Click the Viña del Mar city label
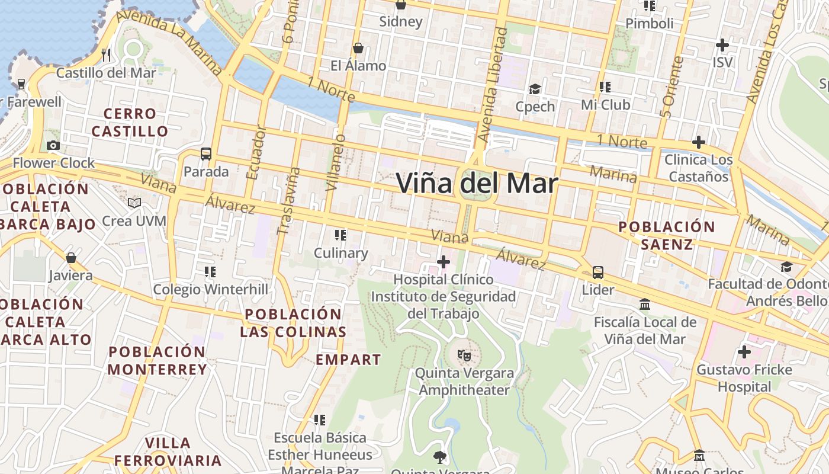click(477, 183)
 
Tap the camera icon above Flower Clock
click(53, 145)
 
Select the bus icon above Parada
click(206, 154)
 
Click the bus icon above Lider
click(598, 273)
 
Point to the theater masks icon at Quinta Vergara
click(464, 355)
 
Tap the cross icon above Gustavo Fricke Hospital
click(744, 352)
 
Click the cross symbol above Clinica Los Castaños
click(699, 142)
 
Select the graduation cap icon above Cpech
click(535, 89)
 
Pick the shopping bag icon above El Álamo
click(358, 48)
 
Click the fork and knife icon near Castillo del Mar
click(106, 55)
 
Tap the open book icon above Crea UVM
click(134, 203)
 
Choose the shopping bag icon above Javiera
click(71, 258)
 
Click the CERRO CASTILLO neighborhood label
click(130, 122)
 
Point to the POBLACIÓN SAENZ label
click(667, 235)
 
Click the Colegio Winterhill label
click(210, 290)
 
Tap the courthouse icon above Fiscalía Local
click(645, 305)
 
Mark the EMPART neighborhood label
click(348, 360)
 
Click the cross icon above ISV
click(722, 45)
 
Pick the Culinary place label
click(340, 253)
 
